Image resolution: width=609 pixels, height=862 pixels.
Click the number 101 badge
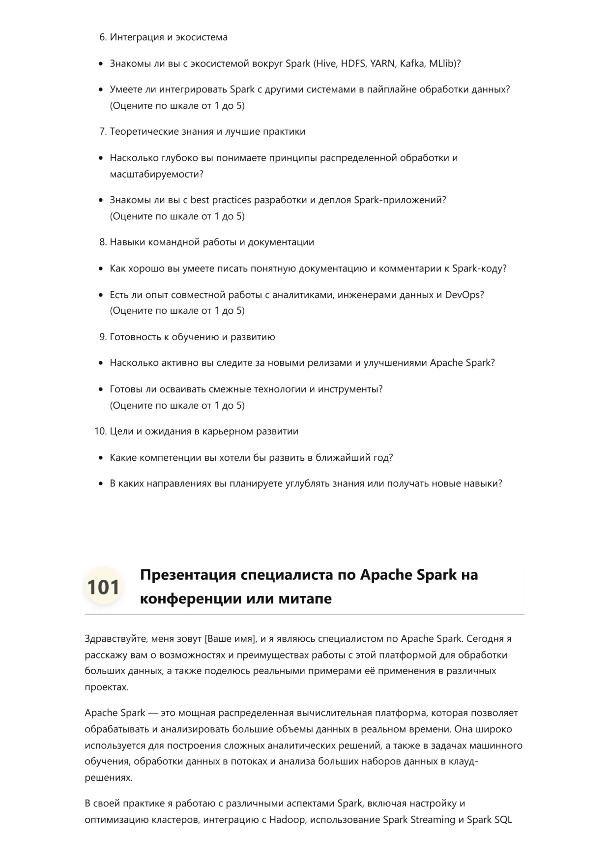(x=103, y=587)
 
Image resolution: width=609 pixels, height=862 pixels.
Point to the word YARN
(x=382, y=63)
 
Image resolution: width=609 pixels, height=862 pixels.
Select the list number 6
(x=103, y=37)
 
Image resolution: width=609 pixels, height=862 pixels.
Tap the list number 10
(x=100, y=431)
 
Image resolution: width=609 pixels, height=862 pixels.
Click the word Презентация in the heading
(x=188, y=574)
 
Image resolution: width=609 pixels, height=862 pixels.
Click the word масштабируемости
(x=156, y=174)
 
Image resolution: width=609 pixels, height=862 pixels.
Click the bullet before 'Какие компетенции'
(x=101, y=458)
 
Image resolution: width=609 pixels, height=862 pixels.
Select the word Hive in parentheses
(x=327, y=63)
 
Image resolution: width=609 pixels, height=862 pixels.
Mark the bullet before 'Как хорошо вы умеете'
(x=101, y=269)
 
